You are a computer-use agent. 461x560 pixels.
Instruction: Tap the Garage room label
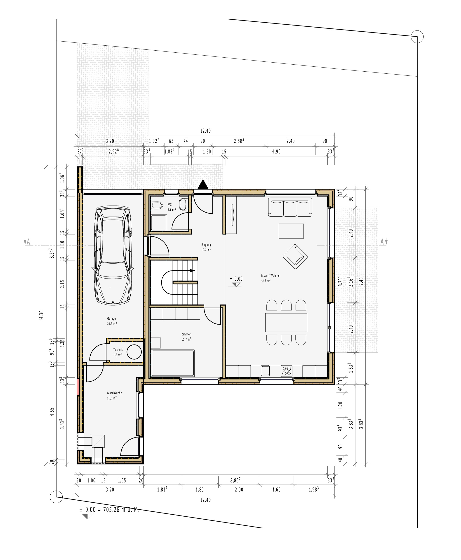112,319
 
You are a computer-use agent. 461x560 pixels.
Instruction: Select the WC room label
169,205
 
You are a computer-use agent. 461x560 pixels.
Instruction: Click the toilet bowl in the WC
157,205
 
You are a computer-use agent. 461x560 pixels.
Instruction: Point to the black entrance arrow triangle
203,185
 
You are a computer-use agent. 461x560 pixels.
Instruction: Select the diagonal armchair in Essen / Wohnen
295,256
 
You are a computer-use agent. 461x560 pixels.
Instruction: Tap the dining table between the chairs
286,322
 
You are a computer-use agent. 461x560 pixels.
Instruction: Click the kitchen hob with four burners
287,371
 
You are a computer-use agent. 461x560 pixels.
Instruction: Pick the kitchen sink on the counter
265,371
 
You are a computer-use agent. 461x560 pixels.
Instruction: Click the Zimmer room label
186,334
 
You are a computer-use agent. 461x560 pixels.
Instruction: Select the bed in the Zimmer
173,363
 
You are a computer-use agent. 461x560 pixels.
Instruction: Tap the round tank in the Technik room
134,352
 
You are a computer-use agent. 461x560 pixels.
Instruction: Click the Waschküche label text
114,393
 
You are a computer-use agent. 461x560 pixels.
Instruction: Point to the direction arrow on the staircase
192,271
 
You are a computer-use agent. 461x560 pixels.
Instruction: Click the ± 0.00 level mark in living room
236,279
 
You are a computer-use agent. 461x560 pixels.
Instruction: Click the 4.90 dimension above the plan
276,152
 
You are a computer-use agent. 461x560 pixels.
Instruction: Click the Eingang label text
206,245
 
